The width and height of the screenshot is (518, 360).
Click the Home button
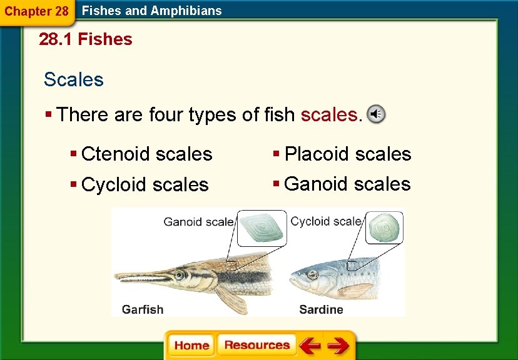click(191, 346)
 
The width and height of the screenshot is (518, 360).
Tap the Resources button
click(256, 345)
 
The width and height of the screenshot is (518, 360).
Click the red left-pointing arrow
click(309, 346)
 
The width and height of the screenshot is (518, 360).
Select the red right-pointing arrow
click(338, 346)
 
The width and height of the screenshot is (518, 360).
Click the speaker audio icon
click(375, 114)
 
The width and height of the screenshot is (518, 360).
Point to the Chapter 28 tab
click(36, 11)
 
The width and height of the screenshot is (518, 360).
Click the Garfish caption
click(143, 309)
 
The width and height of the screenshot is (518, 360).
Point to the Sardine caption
click(321, 309)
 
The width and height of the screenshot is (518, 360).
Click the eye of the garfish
click(180, 274)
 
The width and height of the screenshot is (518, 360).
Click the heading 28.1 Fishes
click(86, 39)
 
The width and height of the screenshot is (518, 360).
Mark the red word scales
click(329, 115)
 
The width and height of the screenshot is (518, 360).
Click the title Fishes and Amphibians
click(152, 11)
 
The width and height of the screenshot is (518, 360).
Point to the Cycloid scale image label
click(326, 221)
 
